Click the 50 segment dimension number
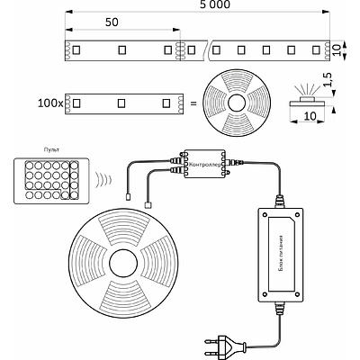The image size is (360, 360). tap(112, 22)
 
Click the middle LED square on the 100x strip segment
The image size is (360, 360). tap(121, 103)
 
